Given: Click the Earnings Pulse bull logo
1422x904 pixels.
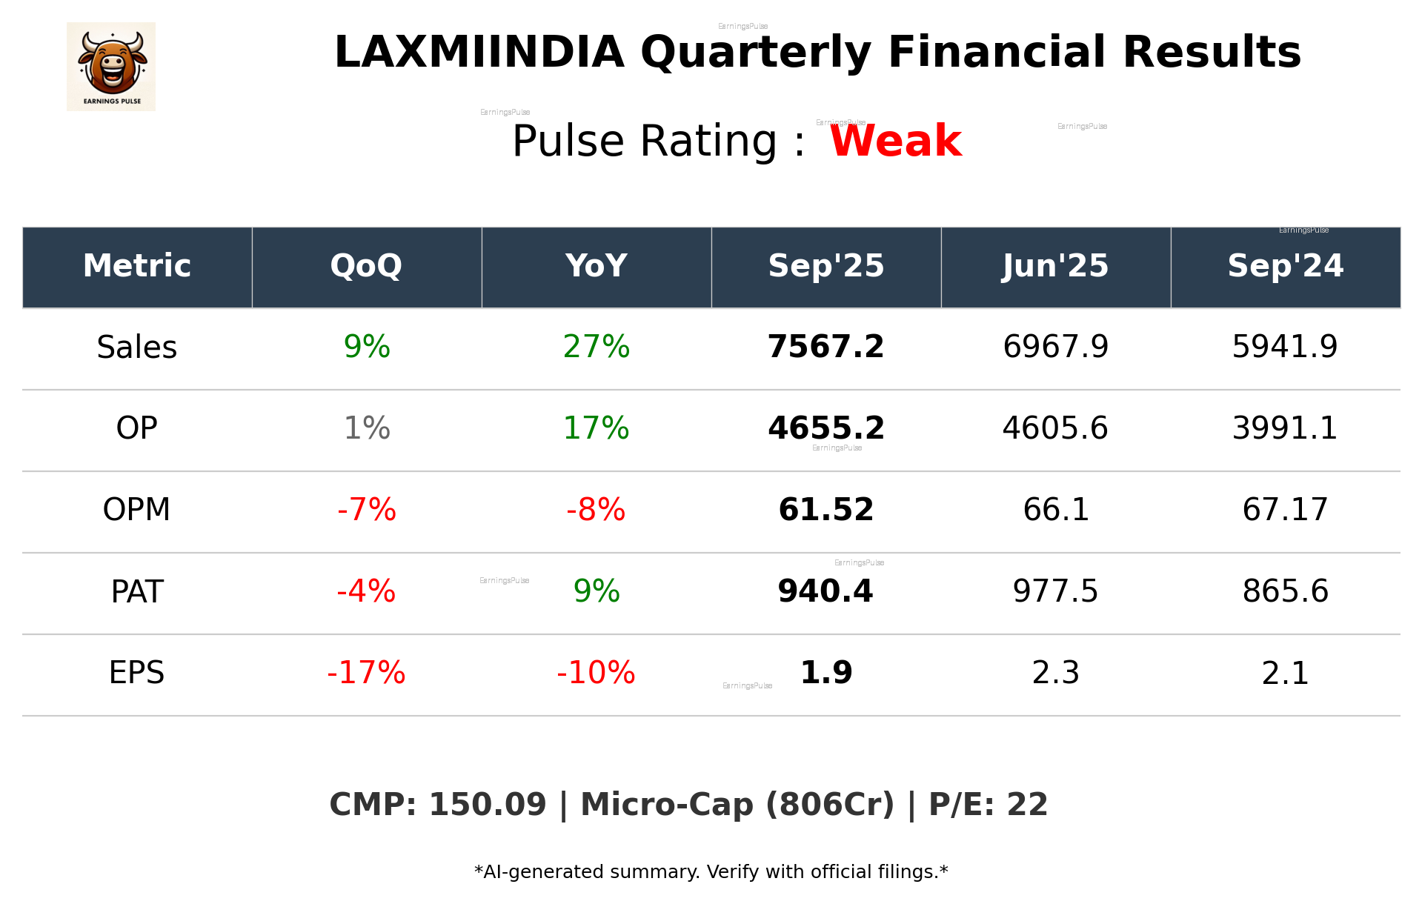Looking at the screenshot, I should pyautogui.click(x=111, y=67).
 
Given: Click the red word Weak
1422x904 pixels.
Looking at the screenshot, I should pyautogui.click(x=895, y=141).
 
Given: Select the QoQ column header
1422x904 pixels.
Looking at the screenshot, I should pyautogui.click(x=366, y=266).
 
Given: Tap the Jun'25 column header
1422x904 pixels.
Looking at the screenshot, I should pyautogui.click(x=1055, y=266).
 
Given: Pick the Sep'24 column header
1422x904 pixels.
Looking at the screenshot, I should pyautogui.click(x=1285, y=266).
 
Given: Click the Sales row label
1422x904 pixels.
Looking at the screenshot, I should pyautogui.click(x=137, y=348).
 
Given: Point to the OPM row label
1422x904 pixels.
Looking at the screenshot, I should pyautogui.click(x=137, y=510).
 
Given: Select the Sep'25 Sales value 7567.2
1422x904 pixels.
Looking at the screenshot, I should pyautogui.click(x=825, y=347).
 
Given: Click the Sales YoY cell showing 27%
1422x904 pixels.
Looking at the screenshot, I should pyautogui.click(x=596, y=347).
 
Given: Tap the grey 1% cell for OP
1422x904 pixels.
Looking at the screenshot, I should pyautogui.click(x=367, y=428).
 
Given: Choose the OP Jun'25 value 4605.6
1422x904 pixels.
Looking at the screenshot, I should pyautogui.click(x=1055, y=428).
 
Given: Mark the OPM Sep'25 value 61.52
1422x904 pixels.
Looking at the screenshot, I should pyautogui.click(x=825, y=510).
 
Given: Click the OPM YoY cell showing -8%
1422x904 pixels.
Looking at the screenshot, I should pyautogui.click(x=596, y=510).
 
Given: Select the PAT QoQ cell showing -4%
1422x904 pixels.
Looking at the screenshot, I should pyautogui.click(x=366, y=591).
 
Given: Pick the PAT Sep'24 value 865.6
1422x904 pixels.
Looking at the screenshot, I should pyautogui.click(x=1285, y=591).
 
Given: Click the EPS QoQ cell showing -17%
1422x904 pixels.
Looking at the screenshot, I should pyautogui.click(x=366, y=673).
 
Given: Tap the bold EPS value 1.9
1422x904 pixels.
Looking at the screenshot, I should pyautogui.click(x=826, y=673).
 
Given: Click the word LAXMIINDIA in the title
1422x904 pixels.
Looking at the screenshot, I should pyautogui.click(x=479, y=53).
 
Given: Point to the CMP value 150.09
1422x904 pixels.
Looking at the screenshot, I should pyautogui.click(x=487, y=805).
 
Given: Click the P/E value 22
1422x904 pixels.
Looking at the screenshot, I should pyautogui.click(x=1027, y=805).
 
